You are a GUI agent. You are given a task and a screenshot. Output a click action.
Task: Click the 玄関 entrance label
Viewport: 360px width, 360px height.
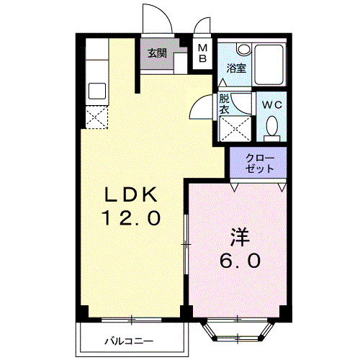(x=157, y=53)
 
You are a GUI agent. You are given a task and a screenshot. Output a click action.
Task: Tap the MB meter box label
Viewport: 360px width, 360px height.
(x=203, y=53)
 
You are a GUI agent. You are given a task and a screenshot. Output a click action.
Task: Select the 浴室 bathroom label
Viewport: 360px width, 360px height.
(x=236, y=68)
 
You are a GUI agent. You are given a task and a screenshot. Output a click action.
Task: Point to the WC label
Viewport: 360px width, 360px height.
(x=271, y=105)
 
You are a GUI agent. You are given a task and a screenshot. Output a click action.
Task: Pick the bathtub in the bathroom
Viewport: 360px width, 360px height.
(x=269, y=64)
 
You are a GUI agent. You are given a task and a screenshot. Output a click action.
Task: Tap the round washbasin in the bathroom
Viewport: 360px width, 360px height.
(x=243, y=49)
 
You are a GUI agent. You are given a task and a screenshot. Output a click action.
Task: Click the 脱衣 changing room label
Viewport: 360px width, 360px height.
(x=225, y=104)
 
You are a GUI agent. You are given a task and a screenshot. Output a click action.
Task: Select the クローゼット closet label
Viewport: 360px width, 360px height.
(x=260, y=163)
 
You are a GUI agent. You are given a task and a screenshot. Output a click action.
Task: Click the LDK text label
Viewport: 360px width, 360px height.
(x=131, y=194)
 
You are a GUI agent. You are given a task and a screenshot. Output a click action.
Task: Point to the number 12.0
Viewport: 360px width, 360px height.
(x=131, y=217)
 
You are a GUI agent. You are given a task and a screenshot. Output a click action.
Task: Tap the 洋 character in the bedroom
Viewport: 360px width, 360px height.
(x=240, y=237)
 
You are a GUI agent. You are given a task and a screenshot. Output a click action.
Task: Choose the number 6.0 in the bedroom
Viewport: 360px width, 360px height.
(x=240, y=261)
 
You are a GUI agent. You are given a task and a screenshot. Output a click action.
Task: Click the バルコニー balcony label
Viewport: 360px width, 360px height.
(x=129, y=341)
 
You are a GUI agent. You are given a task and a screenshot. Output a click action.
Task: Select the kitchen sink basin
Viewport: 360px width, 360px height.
(x=97, y=91)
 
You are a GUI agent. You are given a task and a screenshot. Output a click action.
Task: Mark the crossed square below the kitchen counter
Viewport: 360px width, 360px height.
(x=96, y=117)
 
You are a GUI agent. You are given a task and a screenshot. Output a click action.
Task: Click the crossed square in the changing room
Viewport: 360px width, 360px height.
(x=235, y=129)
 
